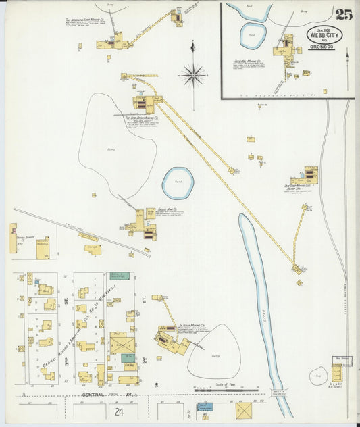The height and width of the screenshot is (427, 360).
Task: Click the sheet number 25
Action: point(342,14)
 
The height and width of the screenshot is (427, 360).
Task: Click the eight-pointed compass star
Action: point(193,74)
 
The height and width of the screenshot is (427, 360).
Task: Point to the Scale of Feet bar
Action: point(226,389)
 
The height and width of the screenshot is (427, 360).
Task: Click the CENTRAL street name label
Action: point(95,393)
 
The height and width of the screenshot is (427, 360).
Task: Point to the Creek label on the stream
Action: point(261,313)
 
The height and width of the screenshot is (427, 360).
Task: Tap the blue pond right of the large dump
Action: point(178,183)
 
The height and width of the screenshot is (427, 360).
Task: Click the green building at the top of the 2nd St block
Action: point(118,276)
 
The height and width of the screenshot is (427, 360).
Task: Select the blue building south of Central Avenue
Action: point(204,407)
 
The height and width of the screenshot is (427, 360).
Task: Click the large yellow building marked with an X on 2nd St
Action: point(122,343)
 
